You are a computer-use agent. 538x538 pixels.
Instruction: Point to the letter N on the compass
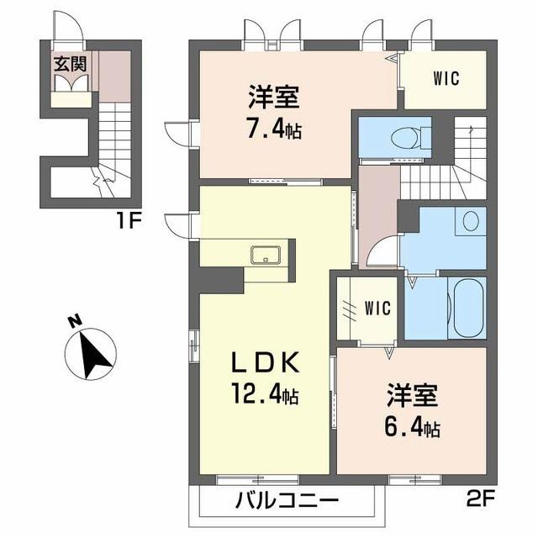point(74,321)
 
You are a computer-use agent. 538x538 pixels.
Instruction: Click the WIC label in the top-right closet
point(446,80)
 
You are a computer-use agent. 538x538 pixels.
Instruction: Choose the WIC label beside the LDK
point(376,308)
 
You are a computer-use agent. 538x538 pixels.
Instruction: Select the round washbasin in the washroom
point(471,221)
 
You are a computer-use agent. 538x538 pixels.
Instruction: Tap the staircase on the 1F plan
point(112,143)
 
